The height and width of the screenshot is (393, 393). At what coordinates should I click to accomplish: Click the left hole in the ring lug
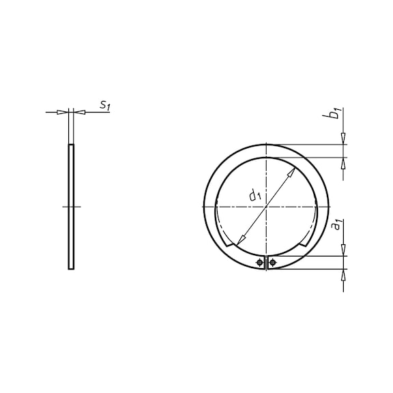(260, 263)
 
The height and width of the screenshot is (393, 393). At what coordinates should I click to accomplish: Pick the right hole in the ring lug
(272, 263)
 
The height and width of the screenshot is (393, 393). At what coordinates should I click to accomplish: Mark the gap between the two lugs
(266, 263)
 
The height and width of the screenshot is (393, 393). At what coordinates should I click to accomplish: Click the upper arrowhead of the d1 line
(291, 172)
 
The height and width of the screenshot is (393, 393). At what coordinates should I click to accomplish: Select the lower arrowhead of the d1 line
(239, 241)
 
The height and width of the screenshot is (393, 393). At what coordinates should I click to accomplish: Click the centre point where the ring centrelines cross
(266, 206)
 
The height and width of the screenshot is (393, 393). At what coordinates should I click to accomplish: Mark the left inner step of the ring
(228, 244)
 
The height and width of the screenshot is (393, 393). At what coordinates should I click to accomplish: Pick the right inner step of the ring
(304, 244)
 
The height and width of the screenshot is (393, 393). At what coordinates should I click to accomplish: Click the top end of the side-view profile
(71, 145)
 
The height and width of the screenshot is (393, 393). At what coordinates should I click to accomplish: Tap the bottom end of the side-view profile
(71, 268)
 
